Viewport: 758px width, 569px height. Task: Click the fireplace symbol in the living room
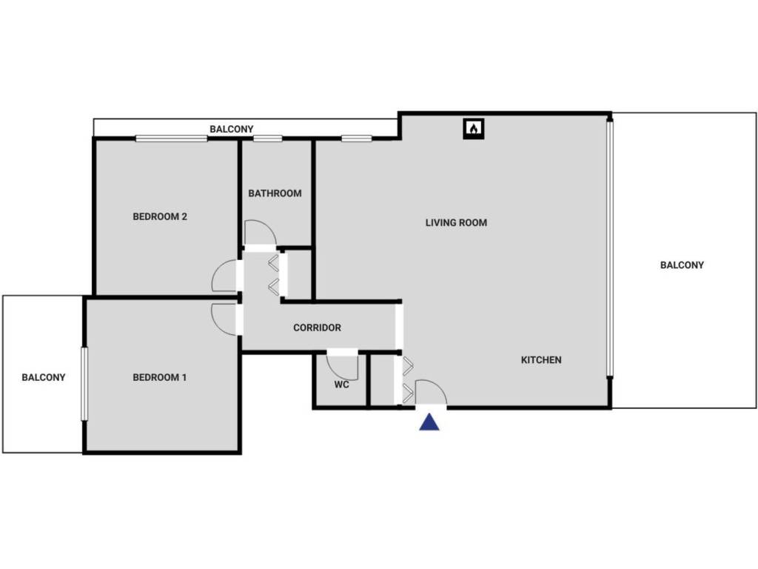point(474,129)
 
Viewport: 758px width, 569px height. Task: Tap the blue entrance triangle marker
point(429,422)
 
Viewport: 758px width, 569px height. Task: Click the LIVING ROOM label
point(456,222)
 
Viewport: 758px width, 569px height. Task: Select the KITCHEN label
point(541,360)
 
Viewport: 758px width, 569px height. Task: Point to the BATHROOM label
point(275,193)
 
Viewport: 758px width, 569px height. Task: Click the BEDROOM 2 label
point(160,217)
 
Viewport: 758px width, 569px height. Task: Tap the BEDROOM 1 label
point(159,378)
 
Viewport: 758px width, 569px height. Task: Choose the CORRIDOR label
point(317,327)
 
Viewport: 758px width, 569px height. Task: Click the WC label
point(341,385)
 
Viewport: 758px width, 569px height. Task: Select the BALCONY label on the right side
point(682,265)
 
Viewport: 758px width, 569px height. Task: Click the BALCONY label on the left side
point(44,377)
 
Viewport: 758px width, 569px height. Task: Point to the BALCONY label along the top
point(231,130)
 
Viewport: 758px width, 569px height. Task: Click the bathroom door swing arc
point(261,233)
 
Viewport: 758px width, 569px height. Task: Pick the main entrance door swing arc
point(431,392)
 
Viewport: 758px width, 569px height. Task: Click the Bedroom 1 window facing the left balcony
point(84,383)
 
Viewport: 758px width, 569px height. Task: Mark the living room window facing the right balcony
point(610,249)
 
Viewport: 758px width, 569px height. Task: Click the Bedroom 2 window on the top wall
point(171,139)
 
